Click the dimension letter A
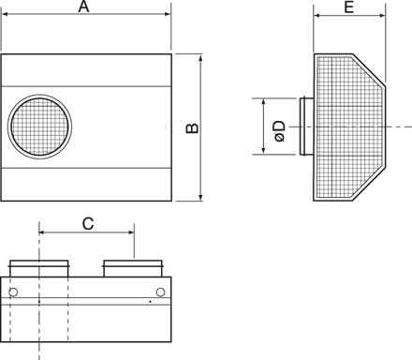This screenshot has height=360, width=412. point(83,7)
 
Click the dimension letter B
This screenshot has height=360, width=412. point(192,128)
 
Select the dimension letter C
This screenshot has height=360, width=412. point(88,224)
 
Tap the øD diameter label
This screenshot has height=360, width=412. point(280,131)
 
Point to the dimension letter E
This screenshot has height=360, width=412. point(349,7)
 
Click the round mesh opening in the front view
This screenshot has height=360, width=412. point(39,127)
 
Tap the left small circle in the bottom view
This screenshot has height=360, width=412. point(13,292)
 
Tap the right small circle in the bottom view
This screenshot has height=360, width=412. point(160,292)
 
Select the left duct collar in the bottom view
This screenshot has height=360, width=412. point(39,268)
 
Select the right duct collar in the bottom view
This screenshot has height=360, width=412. point(133,268)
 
